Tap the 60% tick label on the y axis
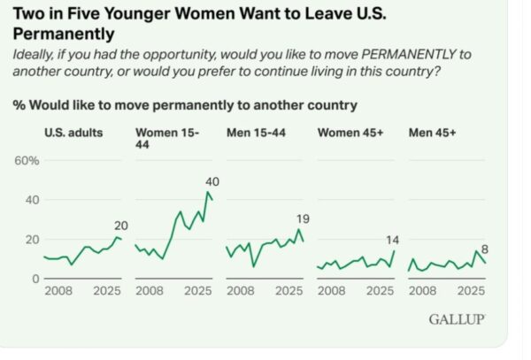click(27, 160)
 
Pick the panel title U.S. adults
click(73, 133)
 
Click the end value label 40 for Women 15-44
click(212, 182)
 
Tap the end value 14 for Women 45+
click(390, 239)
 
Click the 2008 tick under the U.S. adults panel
click(58, 290)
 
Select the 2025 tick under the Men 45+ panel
click(470, 290)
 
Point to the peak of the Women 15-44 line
click(208, 193)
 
